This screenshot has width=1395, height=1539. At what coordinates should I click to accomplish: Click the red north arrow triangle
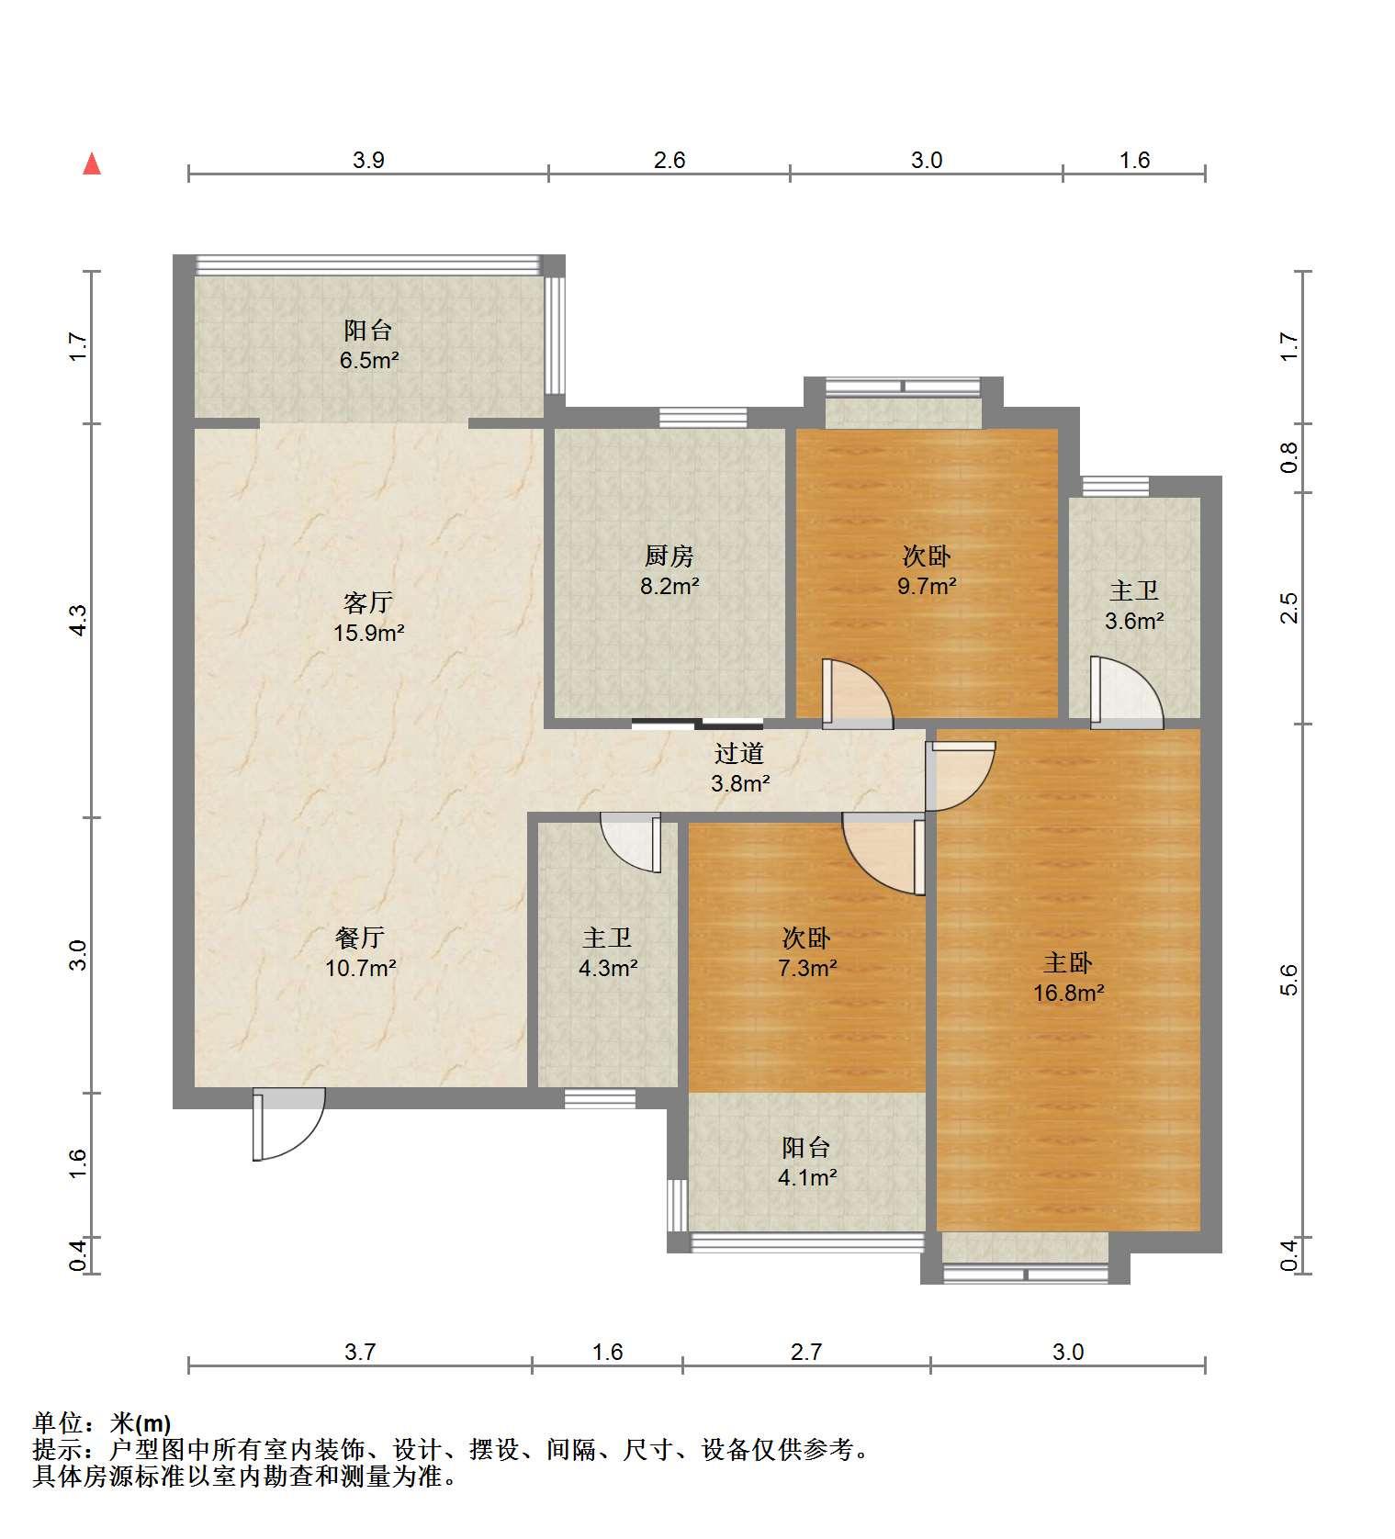[92, 163]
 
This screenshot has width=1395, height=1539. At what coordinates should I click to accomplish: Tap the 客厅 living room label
[368, 602]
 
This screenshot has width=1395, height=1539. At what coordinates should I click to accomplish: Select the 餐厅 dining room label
[360, 938]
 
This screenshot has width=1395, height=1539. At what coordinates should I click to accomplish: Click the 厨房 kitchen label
[669, 556]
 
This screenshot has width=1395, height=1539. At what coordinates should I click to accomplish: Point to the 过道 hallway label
[739, 754]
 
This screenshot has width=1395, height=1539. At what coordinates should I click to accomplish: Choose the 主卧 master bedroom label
[1067, 962]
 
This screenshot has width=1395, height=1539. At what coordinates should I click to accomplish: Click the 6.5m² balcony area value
[369, 360]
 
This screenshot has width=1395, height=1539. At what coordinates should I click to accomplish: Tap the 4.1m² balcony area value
[807, 1177]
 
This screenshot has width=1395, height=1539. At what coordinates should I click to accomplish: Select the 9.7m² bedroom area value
[927, 586]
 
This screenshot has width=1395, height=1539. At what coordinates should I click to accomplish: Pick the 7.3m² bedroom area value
[806, 968]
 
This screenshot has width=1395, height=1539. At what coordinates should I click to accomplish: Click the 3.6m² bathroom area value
[1134, 621]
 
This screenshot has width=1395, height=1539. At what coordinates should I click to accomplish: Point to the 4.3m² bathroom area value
[608, 968]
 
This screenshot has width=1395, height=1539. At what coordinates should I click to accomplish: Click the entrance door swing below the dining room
[288, 1124]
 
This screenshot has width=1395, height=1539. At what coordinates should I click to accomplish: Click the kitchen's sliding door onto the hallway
[697, 723]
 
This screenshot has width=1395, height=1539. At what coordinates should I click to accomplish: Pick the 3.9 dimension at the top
[368, 160]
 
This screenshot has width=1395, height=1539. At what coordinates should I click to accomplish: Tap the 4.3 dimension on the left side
[79, 620]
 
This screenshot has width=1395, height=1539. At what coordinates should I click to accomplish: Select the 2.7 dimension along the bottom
[806, 1352]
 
